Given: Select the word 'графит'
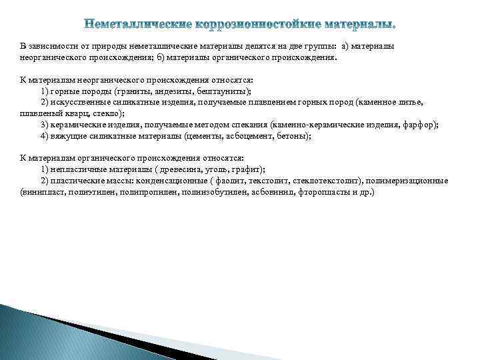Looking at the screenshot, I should [246, 169].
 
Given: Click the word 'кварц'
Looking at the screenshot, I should [71, 113].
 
